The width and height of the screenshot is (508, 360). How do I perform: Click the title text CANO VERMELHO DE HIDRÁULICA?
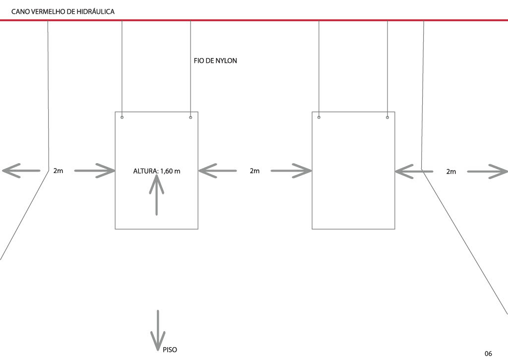coord(63,11)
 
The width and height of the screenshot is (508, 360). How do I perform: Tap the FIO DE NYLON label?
coord(215,61)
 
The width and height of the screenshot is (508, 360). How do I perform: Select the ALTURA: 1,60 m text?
coord(156,172)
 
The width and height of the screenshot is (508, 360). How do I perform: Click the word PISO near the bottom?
coord(170,350)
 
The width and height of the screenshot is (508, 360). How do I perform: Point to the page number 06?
coord(488,353)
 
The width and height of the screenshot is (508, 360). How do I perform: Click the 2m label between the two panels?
coord(254,171)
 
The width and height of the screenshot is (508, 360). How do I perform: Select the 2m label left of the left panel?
coord(58,171)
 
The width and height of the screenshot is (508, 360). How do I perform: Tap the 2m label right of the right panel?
coord(451,172)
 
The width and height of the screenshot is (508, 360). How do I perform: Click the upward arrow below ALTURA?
coord(157,196)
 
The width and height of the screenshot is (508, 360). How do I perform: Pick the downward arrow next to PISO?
coord(158,330)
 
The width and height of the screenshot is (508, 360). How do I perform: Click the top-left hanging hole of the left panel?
coord(122,118)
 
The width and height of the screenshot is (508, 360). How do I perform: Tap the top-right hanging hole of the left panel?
coord(190,118)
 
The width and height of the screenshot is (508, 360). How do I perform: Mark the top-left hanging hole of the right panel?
coord(319,118)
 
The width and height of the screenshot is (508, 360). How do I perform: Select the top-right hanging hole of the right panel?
coord(387,118)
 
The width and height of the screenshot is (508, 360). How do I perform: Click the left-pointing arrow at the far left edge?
coord(21,171)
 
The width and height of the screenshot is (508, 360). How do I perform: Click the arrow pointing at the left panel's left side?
coord(94,171)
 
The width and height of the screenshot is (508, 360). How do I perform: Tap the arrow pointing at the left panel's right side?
coord(217,171)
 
